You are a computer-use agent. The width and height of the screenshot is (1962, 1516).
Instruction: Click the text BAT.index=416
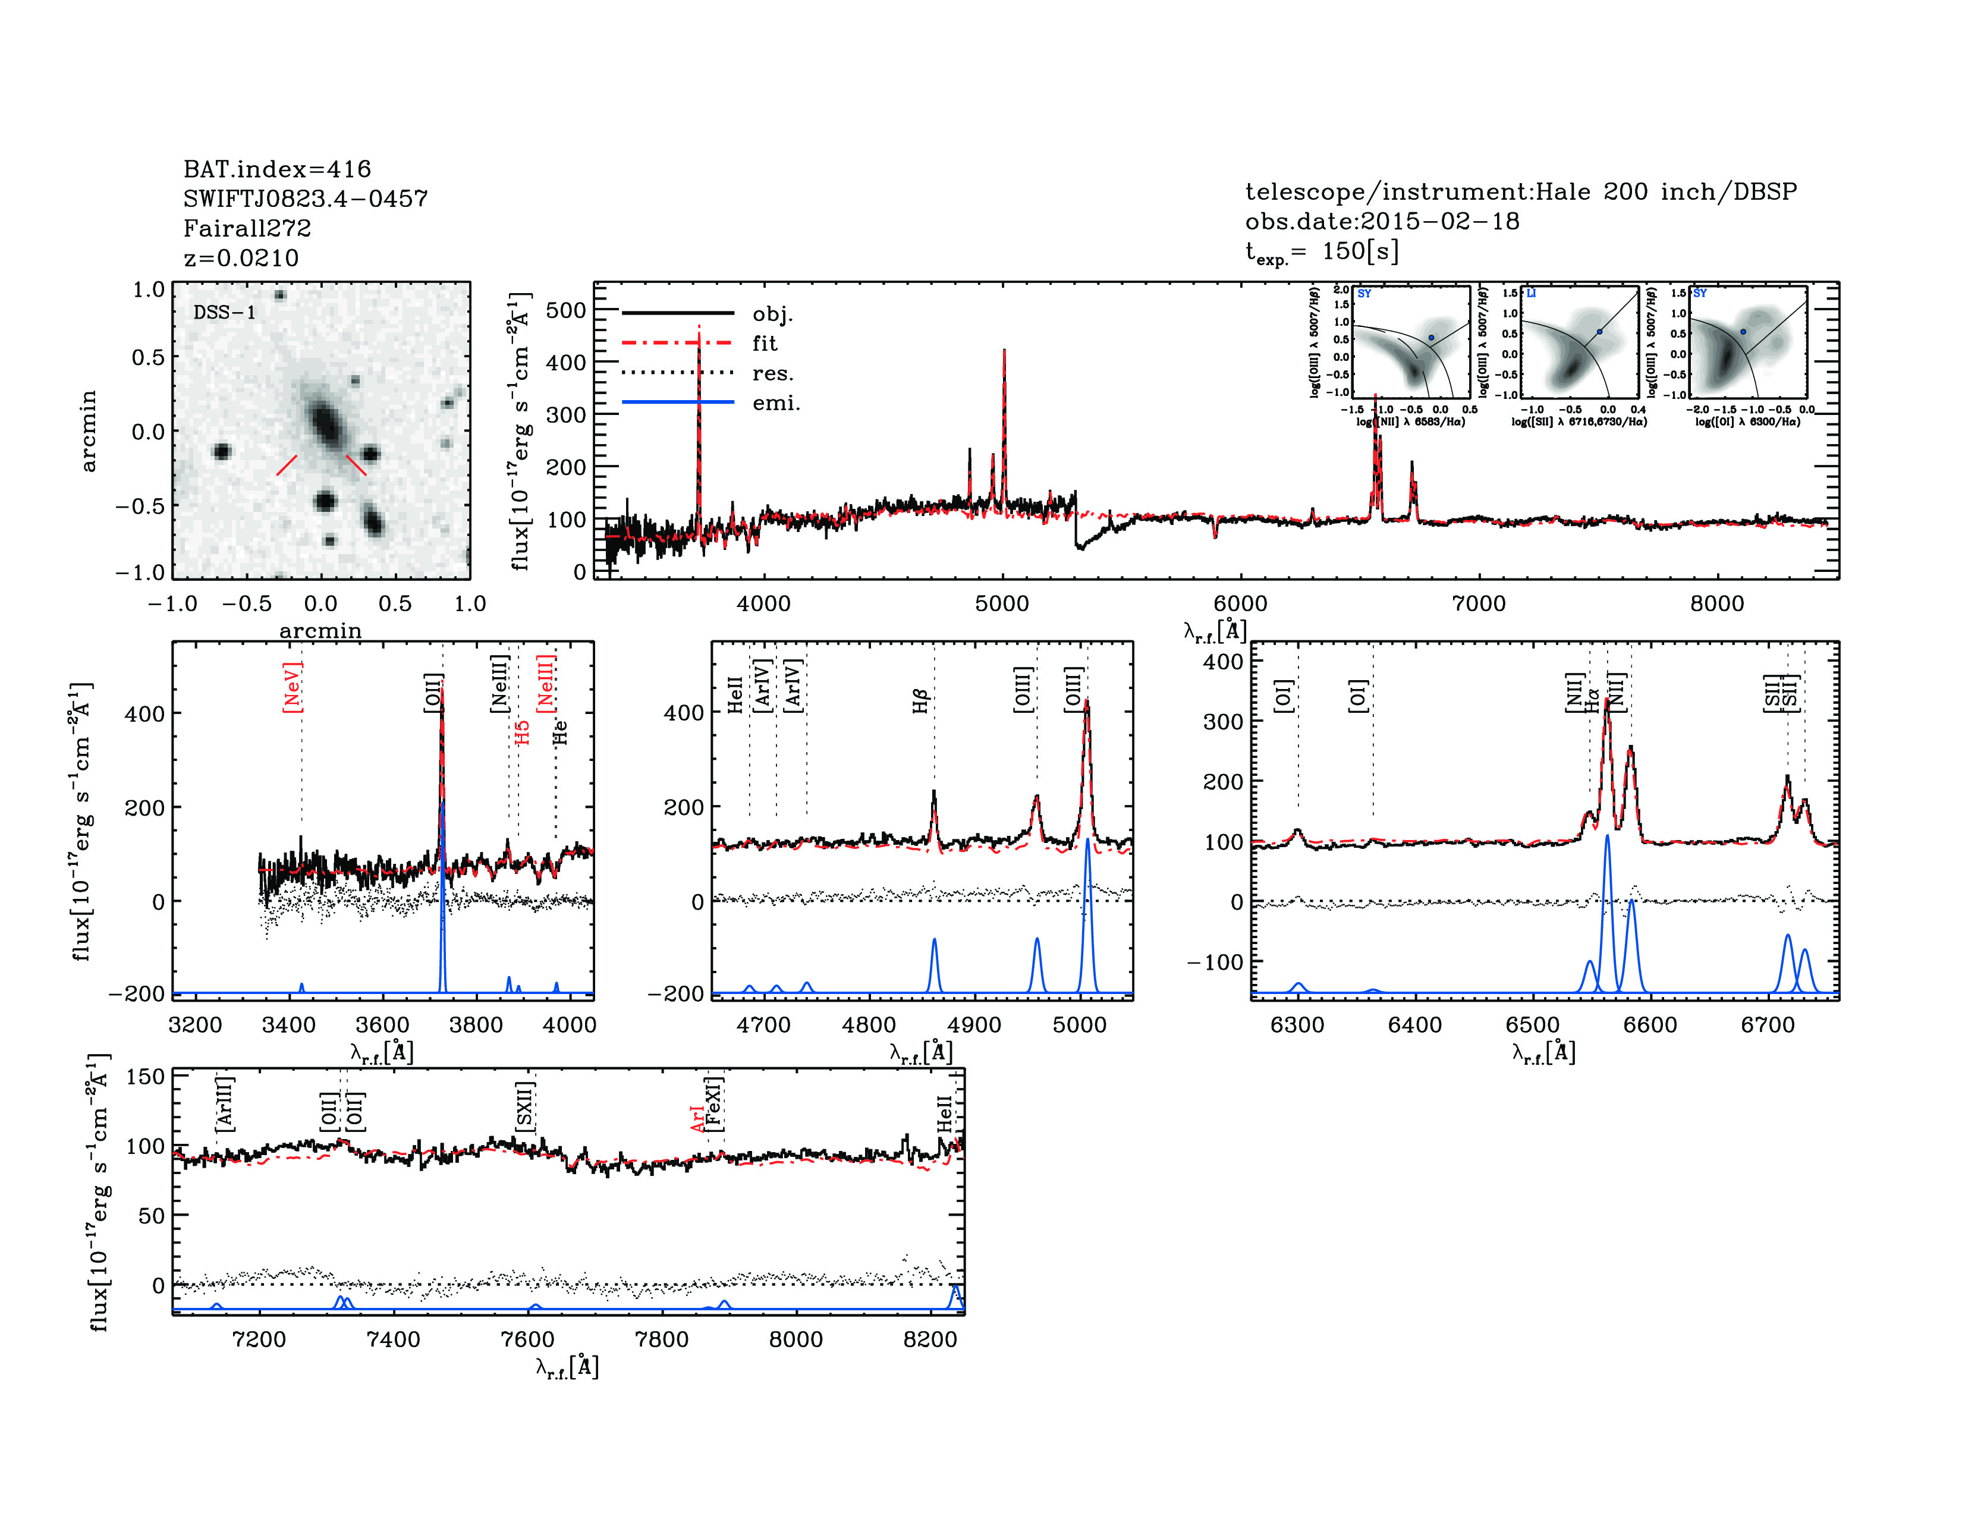coord(276,169)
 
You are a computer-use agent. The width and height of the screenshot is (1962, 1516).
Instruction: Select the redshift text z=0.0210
coord(241,258)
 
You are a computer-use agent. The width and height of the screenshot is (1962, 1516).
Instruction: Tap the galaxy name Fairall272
coord(247,228)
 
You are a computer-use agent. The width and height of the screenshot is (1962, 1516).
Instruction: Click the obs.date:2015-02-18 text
coord(1382,221)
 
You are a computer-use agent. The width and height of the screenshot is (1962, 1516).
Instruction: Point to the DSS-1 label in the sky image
coord(225,313)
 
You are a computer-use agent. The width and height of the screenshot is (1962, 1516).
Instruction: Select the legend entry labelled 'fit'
coord(765,343)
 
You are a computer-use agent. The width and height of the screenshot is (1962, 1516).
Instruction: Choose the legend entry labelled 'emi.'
coord(775,403)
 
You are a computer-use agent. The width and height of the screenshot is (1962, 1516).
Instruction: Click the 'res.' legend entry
coord(772,373)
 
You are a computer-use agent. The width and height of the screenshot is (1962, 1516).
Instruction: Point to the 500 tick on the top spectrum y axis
coord(566,311)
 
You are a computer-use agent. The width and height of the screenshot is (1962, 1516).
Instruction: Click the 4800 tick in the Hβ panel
coord(869,1025)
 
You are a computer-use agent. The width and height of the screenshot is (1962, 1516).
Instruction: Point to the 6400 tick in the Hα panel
coord(1415,1025)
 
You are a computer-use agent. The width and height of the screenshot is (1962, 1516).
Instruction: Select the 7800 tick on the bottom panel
coord(661,1339)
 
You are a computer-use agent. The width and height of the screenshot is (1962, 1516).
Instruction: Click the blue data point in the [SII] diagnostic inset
coord(1599,331)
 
